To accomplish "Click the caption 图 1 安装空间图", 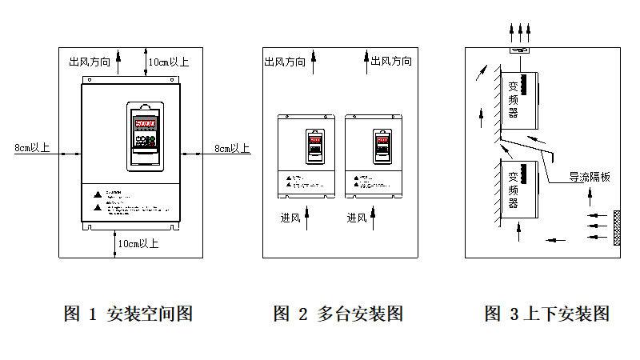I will click(128, 314).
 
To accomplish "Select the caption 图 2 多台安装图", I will click(338, 314).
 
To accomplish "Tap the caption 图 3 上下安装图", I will click(546, 314).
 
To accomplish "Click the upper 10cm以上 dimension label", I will click(169, 62).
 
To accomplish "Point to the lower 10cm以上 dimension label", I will click(138, 243).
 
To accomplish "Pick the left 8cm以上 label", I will click(32, 148).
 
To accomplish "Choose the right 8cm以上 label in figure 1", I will click(232, 148).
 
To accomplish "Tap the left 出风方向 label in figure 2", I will click(284, 62).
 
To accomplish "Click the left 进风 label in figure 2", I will click(290, 218).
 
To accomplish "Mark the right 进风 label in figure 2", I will click(357, 218).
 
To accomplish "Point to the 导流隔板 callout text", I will click(589, 177).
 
